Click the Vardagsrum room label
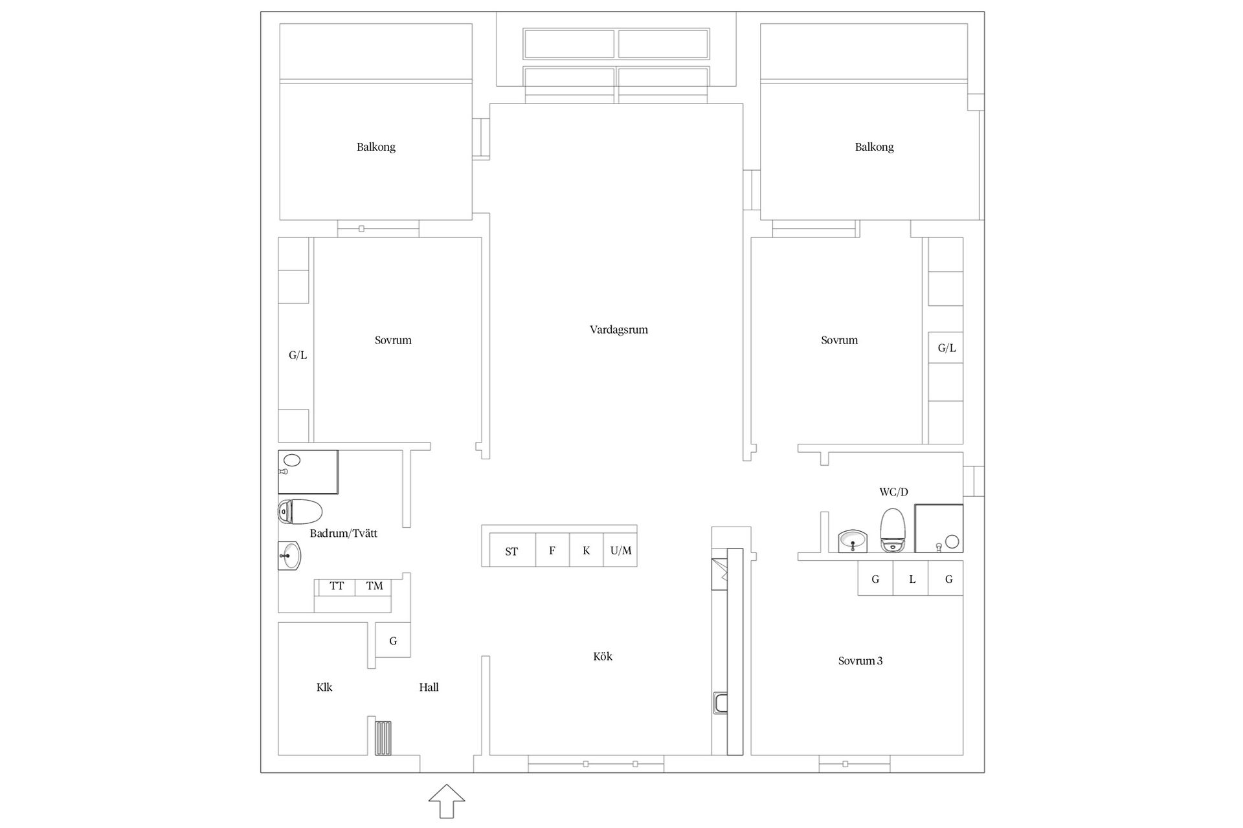[618, 330]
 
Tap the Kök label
[603, 657]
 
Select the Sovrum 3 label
[860, 661]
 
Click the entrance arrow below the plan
[447, 801]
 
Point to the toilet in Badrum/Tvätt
[300, 512]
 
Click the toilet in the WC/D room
[893, 530]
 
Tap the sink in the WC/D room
[853, 541]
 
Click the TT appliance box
[337, 587]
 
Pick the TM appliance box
[374, 587]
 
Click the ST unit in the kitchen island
[512, 550]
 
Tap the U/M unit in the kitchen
[621, 550]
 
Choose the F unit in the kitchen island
[552, 550]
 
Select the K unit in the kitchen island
[587, 550]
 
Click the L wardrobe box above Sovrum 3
[911, 578]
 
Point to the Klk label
[324, 688]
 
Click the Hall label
[429, 688]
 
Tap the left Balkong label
[375, 147]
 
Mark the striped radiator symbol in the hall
[383, 738]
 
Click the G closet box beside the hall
[393, 640]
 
